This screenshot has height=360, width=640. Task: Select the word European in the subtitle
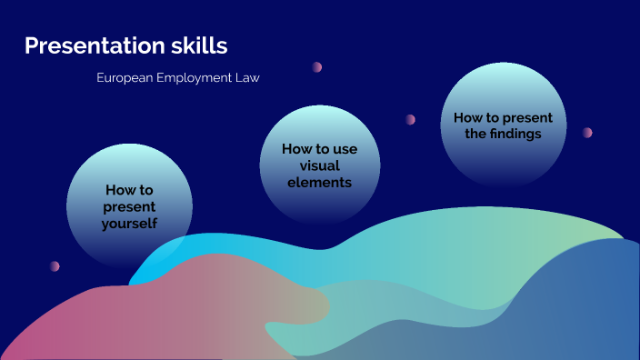pyautogui.click(x=125, y=78)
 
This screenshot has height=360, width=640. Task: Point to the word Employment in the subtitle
pyautogui.click(x=195, y=78)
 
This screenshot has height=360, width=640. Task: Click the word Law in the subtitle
pyautogui.click(x=248, y=78)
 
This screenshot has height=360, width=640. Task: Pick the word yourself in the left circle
pyautogui.click(x=130, y=223)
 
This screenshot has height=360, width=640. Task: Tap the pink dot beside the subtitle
pyautogui.click(x=317, y=66)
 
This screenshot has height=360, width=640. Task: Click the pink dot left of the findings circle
pyautogui.click(x=411, y=119)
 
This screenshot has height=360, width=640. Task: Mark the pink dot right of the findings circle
pyautogui.click(x=587, y=132)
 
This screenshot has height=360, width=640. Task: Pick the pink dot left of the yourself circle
pyautogui.click(x=55, y=266)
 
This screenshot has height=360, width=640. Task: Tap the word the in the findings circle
pyautogui.click(x=475, y=134)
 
